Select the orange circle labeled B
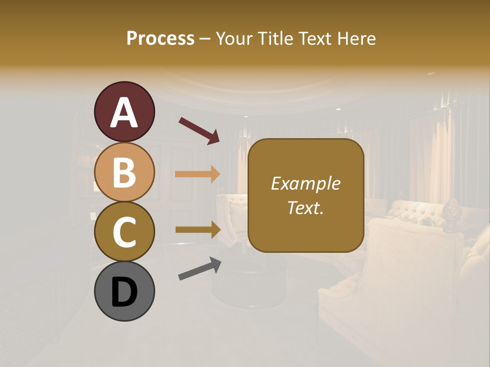(124, 172)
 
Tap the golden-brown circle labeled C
(124, 231)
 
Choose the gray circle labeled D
(124, 291)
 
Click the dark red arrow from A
(199, 130)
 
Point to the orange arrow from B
(198, 174)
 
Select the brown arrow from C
(198, 230)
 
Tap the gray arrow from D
(200, 269)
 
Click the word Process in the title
(160, 38)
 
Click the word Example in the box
(305, 183)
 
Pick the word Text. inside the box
(305, 207)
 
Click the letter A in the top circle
(124, 113)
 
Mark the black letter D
(124, 292)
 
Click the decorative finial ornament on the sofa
(451, 215)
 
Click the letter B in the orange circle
(124, 172)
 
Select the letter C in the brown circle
(124, 232)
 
